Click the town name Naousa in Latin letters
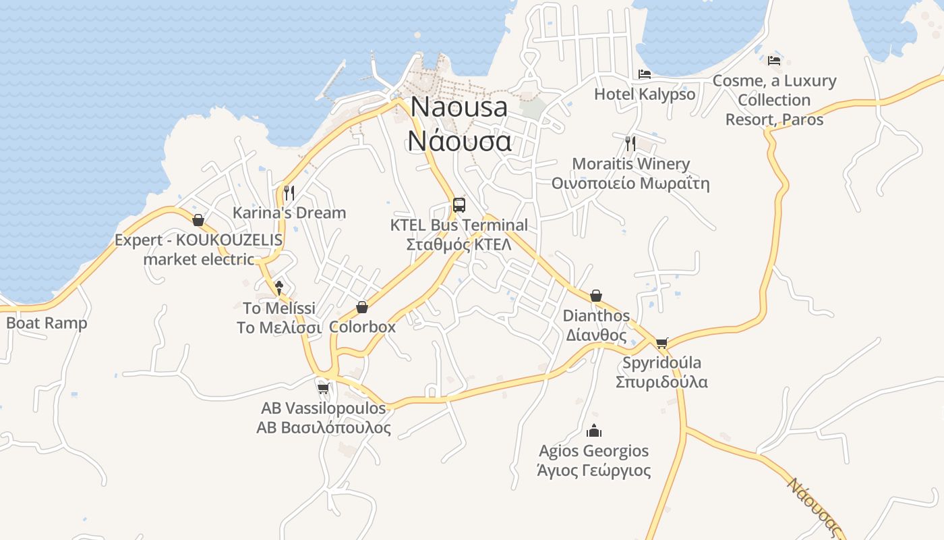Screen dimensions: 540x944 point(459,107)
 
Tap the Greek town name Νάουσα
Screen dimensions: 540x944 point(459,140)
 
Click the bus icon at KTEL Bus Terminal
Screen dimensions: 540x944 point(459,205)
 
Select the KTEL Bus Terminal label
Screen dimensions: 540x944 point(459,225)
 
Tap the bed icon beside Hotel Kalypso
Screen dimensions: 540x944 point(645,74)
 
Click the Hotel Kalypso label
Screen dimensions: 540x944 point(645,94)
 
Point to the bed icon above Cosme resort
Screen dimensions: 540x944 point(774,61)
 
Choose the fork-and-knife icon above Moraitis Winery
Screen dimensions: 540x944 point(630,143)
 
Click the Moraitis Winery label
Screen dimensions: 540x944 point(630,164)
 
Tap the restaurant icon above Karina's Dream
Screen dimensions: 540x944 point(289,193)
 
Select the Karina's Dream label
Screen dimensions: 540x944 point(289,213)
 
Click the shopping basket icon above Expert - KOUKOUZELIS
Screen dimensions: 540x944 point(198,220)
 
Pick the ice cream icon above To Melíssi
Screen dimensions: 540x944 point(279,288)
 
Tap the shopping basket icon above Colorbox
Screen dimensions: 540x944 point(362,307)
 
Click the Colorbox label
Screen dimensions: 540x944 point(362,327)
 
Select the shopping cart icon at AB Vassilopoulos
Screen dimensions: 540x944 point(323,388)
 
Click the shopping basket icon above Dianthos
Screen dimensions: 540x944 point(596,296)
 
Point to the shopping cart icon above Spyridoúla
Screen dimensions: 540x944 point(661,343)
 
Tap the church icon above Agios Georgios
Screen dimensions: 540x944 point(594,431)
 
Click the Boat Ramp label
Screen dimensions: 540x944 point(47,323)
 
